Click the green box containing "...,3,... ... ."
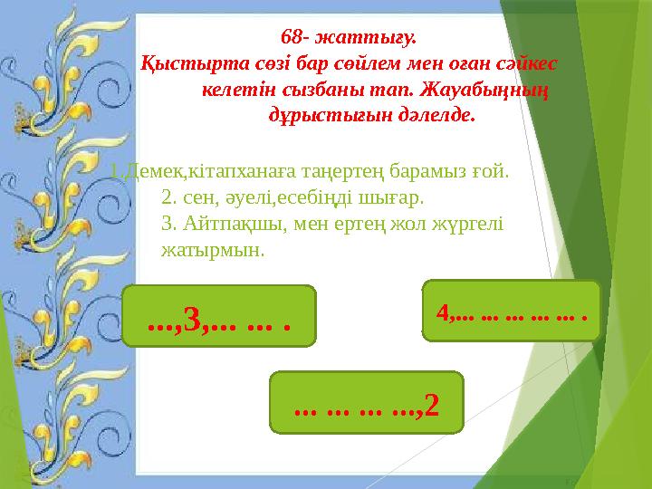coord(219,317)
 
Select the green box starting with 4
coord(512,312)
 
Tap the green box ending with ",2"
coord(367,400)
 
